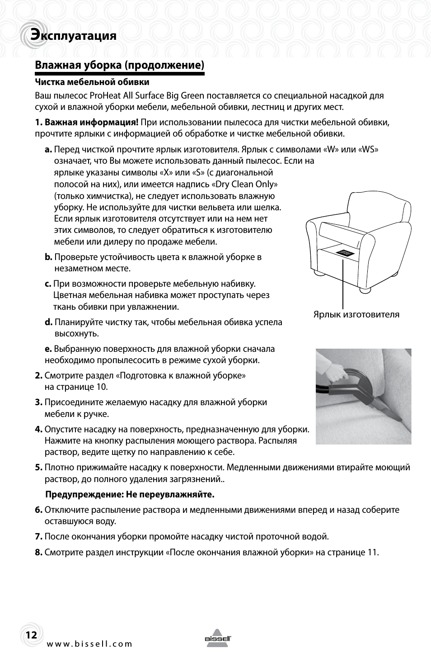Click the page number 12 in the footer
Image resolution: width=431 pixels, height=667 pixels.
(31, 635)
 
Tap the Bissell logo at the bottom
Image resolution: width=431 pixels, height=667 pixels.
(218, 638)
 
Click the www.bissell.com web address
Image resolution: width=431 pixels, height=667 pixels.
(90, 644)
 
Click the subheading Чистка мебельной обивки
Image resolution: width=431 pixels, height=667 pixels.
(92, 82)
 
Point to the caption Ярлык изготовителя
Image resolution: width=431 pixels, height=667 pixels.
(356, 314)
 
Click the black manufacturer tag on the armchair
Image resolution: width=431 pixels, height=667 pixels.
(347, 252)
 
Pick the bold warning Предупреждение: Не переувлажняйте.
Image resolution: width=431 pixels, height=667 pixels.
(130, 494)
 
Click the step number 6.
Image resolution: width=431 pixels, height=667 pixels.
(38, 510)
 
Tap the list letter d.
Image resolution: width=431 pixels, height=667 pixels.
(48, 322)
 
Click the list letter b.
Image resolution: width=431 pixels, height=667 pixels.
(48, 257)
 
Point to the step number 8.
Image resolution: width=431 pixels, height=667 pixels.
(38, 552)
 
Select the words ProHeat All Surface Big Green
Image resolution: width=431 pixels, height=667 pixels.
(147, 95)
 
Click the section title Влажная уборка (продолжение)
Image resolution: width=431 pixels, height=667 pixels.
(120, 65)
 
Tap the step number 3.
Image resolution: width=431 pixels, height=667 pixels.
(38, 402)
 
